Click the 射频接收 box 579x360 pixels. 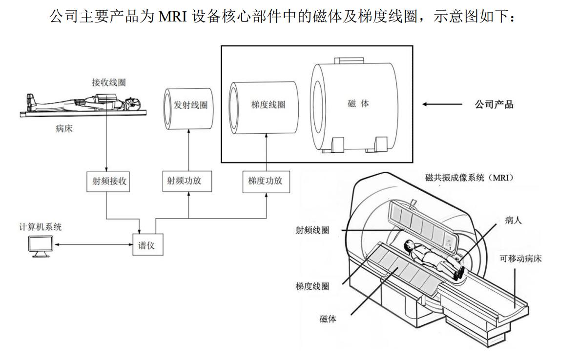[106, 181]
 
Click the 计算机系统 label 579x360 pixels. [37, 227]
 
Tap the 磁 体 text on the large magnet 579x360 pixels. [358, 104]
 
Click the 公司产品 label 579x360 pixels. [494, 104]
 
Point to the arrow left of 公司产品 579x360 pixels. [442, 104]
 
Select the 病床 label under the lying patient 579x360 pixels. [64, 129]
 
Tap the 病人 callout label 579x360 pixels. [513, 220]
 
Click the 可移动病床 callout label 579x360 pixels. [520, 259]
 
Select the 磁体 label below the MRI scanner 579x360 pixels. [328, 319]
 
